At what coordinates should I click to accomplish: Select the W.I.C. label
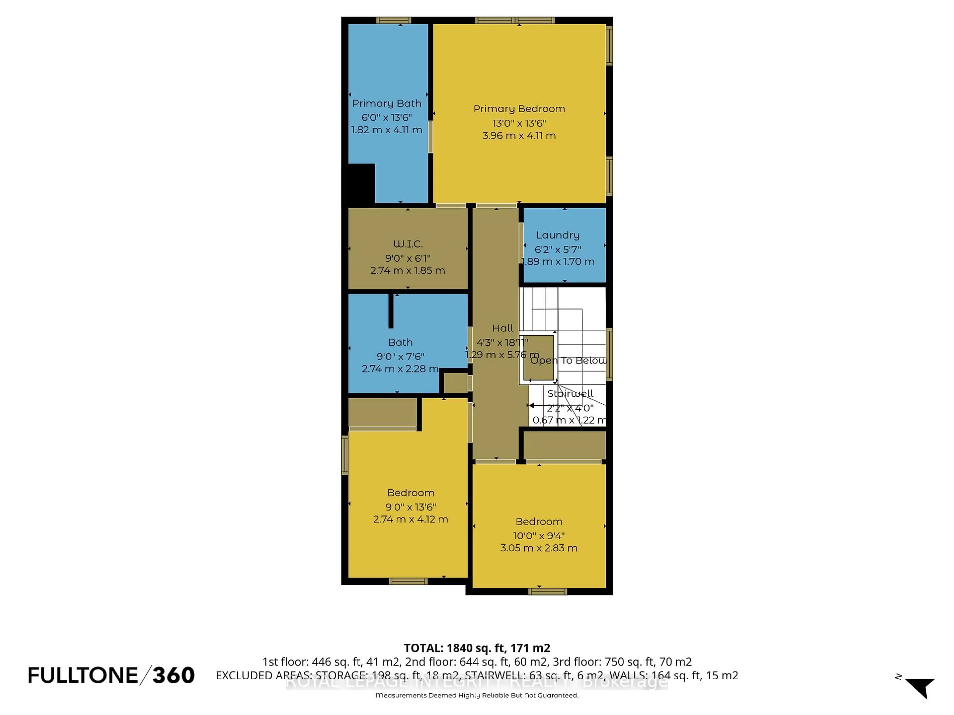pos(408,244)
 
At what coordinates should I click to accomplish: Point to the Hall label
pos(502,328)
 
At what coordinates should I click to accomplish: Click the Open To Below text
pos(568,361)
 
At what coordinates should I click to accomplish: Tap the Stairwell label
pos(570,393)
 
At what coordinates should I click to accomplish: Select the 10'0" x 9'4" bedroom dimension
pos(539,536)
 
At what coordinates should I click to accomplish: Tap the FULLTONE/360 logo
pos(111,675)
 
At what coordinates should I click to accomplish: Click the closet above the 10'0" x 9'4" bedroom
pos(564,445)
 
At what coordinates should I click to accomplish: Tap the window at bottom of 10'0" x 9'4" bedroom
pos(547,591)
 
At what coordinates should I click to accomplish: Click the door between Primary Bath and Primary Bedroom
pos(430,137)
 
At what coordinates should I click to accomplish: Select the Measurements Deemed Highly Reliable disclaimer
pos(477,695)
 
